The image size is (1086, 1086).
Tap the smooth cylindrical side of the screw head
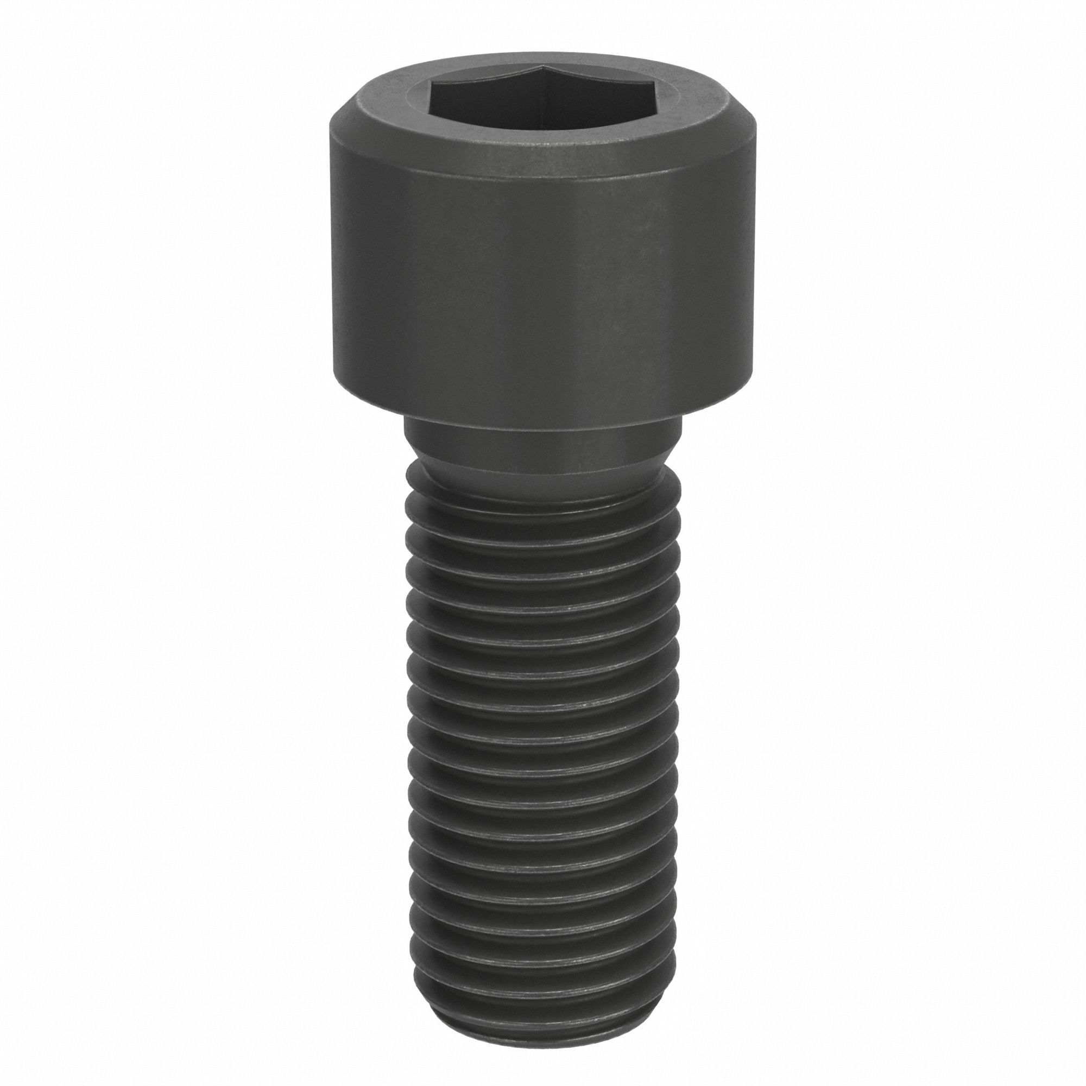click(540, 270)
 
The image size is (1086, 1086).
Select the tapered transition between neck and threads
click(540, 469)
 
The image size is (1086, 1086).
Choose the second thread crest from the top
click(540, 531)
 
